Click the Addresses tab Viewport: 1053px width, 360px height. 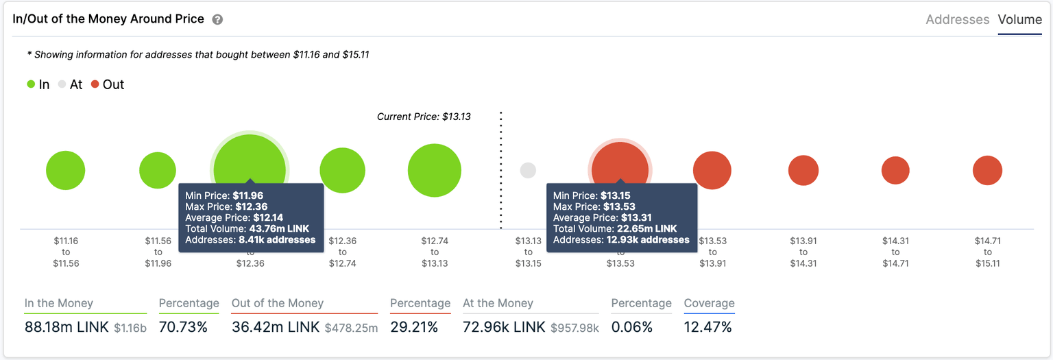957,20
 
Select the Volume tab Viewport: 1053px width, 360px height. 1019,20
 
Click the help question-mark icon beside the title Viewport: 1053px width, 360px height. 217,20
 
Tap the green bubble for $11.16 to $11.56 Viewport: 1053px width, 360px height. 66,171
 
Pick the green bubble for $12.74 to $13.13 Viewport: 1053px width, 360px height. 434,171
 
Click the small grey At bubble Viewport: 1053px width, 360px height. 527,171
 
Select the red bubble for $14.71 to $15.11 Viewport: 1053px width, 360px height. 987,171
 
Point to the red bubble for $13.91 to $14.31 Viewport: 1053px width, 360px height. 803,171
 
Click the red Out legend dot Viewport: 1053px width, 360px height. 95,84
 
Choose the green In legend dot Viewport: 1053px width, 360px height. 31,84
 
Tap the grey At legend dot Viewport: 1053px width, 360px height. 62,84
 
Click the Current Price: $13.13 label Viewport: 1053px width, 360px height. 424,117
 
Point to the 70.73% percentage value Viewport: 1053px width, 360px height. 183,327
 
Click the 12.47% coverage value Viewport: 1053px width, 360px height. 708,327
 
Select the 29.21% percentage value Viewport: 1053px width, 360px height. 414,327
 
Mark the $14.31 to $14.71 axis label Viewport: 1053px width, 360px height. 895,252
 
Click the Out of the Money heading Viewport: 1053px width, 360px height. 278,303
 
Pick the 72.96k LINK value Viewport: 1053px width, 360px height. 504,327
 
